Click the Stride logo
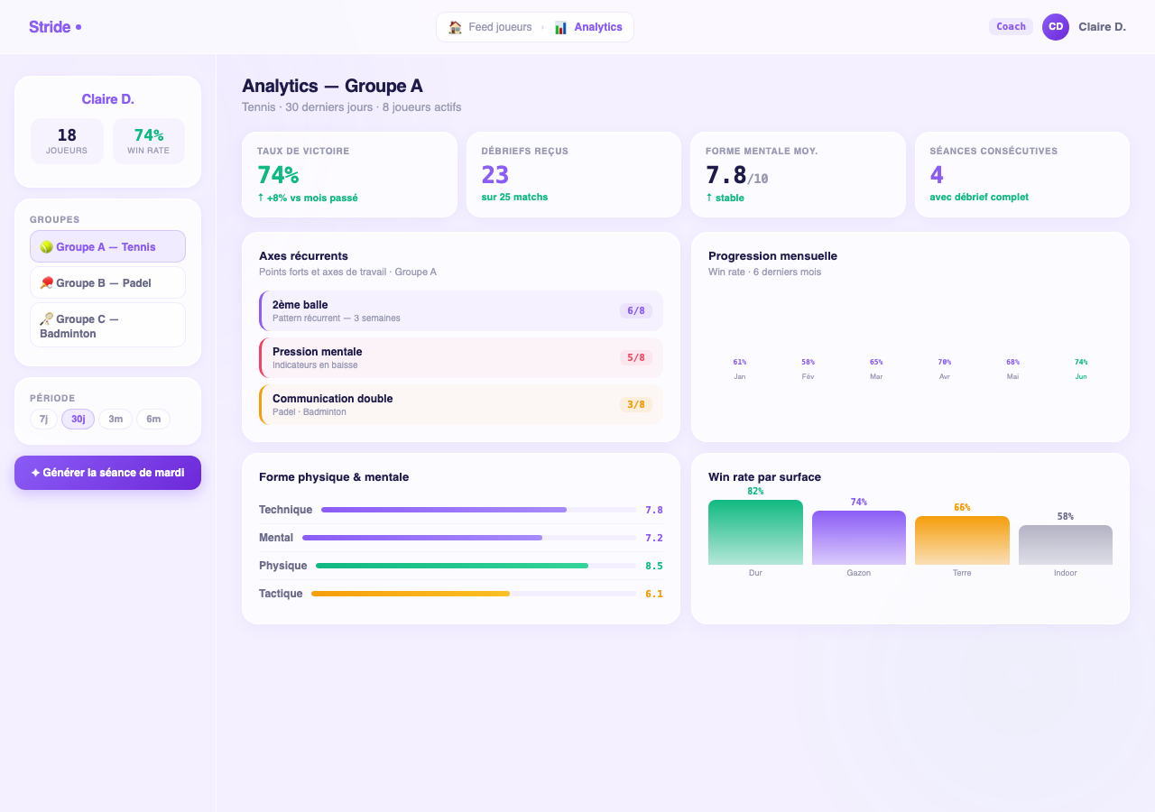[55, 27]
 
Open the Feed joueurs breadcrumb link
[490, 27]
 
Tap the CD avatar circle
[1055, 27]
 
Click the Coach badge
[1011, 26]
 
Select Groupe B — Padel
[107, 282]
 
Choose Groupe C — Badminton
[107, 326]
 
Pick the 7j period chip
[43, 419]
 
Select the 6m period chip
[153, 419]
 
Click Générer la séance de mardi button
[107, 472]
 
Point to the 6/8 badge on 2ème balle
[636, 310]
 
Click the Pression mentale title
[317, 352]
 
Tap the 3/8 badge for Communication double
[636, 404]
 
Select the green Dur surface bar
[755, 532]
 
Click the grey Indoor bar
[1066, 545]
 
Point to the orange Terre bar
[962, 540]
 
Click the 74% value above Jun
[1081, 362]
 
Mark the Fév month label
[808, 376]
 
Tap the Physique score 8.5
[654, 566]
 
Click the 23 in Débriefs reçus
[495, 175]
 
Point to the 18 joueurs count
[67, 135]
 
